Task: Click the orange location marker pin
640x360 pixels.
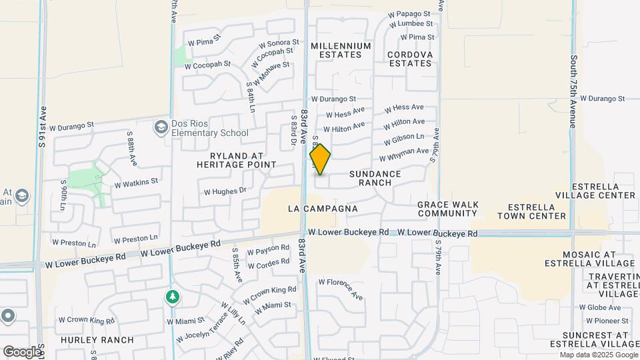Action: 320,159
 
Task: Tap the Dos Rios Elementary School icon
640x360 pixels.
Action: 160,127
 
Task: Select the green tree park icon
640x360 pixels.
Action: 173,297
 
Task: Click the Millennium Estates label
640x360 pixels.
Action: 341,51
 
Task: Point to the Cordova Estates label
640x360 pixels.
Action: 410,59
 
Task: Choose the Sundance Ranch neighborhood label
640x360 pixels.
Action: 375,178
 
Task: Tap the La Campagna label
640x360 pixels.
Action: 323,209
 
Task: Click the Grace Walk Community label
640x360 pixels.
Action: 447,209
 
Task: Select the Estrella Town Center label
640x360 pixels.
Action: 537,211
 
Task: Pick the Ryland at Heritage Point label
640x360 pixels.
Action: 237,159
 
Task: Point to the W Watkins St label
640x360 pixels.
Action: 136,181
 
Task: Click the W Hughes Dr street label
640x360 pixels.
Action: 225,191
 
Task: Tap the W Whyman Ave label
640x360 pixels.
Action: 404,155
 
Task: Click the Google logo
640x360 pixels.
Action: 22,351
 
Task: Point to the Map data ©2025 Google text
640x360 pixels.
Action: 598,355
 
